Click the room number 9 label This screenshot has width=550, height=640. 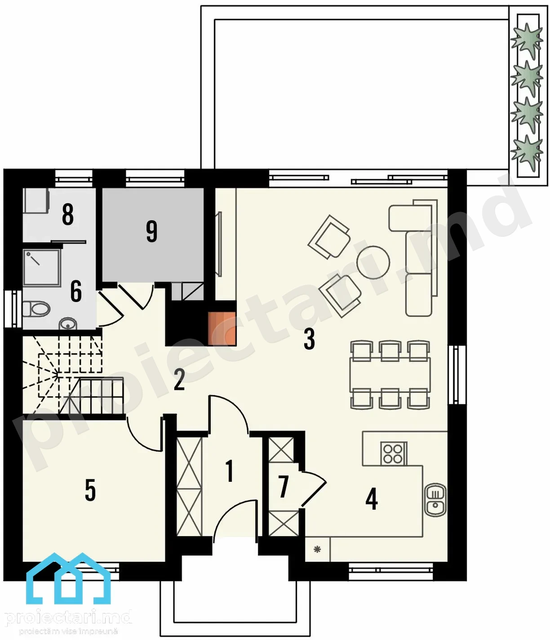point(152,231)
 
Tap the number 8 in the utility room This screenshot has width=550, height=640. point(68,214)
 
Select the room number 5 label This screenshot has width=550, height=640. point(90,490)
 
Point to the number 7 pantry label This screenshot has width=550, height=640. point(283,487)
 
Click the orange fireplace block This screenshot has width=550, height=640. point(222,329)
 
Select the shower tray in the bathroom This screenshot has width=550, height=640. point(41,267)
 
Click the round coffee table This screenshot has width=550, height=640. point(373,262)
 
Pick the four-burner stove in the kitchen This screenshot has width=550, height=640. point(393,453)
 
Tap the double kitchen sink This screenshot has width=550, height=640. point(435,499)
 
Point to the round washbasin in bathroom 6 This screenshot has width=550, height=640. point(67,324)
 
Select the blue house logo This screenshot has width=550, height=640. point(68,578)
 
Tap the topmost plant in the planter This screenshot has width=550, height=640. point(527,41)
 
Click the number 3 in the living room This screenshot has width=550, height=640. point(309,339)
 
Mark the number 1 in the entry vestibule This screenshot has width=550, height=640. point(229,471)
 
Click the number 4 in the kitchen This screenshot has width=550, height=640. point(372,499)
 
